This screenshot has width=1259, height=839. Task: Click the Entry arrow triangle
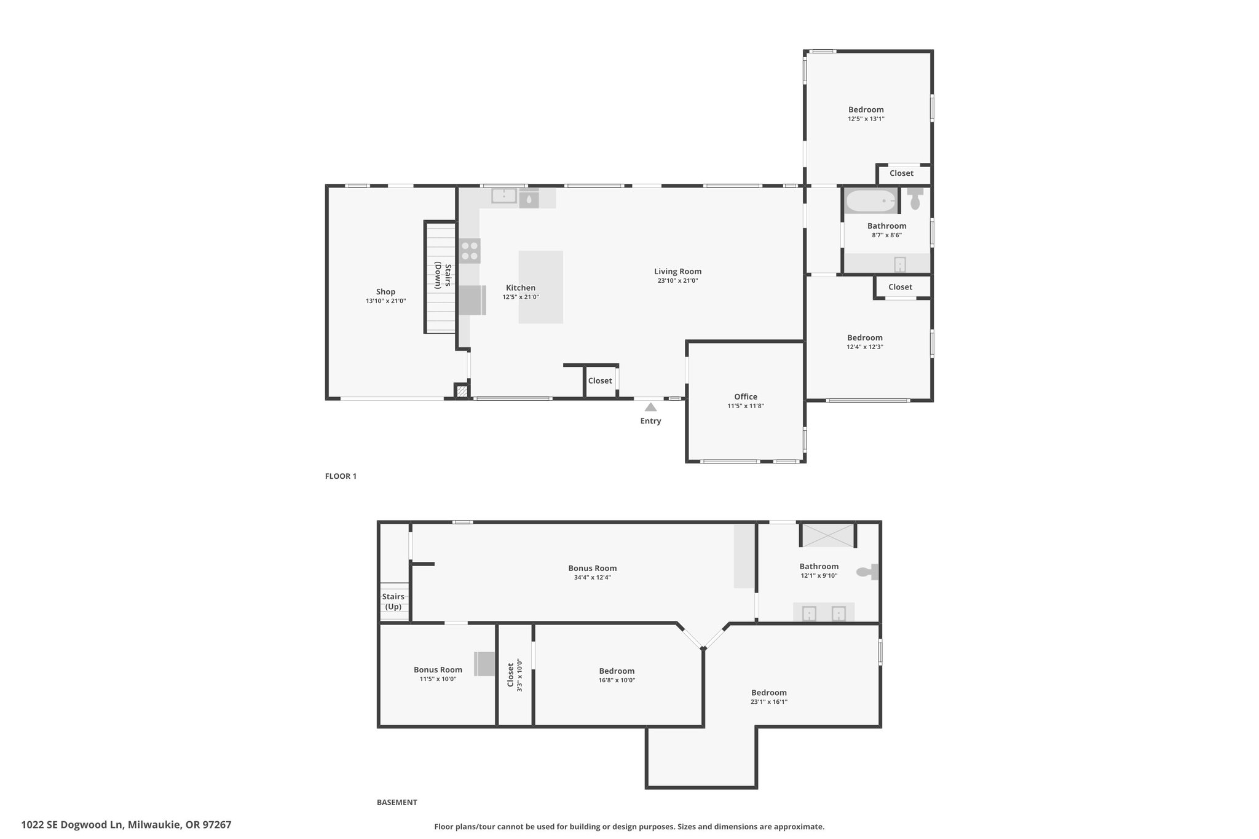point(650,407)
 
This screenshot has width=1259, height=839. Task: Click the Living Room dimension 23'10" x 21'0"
point(677,281)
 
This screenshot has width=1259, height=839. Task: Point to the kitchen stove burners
point(470,251)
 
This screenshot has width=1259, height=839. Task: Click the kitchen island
point(541,287)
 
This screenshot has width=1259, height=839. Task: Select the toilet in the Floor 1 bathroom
point(915,199)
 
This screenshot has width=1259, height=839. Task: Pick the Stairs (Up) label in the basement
point(393,602)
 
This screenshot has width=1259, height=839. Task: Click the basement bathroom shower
point(827,535)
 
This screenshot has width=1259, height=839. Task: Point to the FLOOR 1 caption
point(341,476)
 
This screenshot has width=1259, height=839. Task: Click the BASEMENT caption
point(397,802)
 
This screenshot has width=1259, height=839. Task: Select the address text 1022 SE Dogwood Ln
point(73,824)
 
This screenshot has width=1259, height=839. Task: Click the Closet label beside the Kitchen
point(600,381)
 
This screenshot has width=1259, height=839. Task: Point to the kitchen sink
point(504,195)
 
